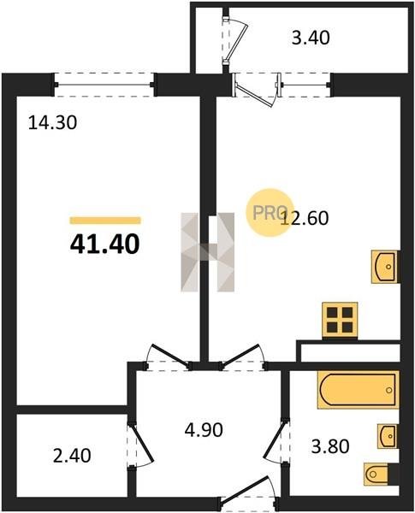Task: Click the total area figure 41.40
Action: click(x=104, y=245)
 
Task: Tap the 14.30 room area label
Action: click(x=52, y=123)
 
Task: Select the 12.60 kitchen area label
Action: click(x=305, y=218)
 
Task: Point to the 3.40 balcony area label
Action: click(x=311, y=38)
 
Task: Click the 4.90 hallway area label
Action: click(x=204, y=429)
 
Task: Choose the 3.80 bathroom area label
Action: click(x=330, y=446)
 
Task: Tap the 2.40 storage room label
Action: click(x=72, y=456)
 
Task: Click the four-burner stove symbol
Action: click(x=340, y=320)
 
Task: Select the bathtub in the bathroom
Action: click(x=358, y=390)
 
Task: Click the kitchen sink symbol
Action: click(x=385, y=266)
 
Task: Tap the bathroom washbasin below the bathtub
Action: click(x=388, y=436)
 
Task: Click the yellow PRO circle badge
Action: click(x=270, y=213)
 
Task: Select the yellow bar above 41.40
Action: click(x=105, y=221)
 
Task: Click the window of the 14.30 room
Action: click(x=104, y=85)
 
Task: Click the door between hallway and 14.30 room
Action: click(x=168, y=357)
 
